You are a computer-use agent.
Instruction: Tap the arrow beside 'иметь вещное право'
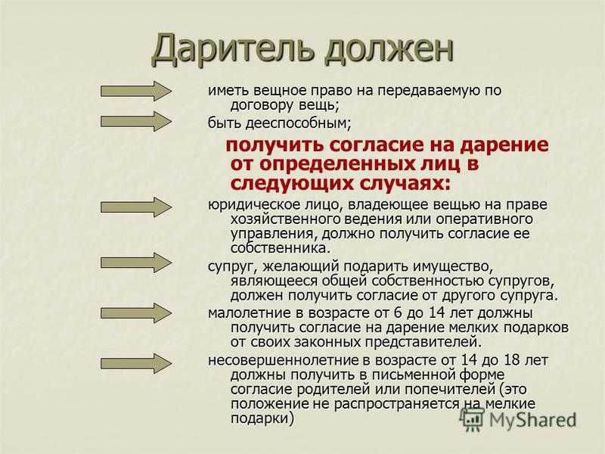136,91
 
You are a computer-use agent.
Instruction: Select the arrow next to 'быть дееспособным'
136,122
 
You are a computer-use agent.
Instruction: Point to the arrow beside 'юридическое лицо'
136,207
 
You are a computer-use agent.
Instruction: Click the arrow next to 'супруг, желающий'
136,263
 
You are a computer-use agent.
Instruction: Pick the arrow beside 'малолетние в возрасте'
136,313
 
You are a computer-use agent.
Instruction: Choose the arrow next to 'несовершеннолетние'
136,363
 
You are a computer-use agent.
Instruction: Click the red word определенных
334,165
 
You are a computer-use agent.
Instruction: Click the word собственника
281,248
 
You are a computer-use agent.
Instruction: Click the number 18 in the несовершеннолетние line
513,360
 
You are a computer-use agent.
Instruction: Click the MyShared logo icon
473,418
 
